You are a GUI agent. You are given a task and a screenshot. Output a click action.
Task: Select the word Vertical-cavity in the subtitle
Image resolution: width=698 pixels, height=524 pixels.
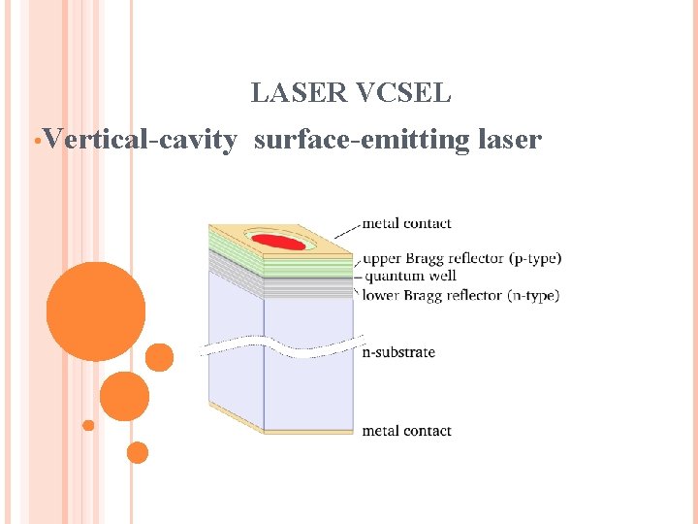point(139,141)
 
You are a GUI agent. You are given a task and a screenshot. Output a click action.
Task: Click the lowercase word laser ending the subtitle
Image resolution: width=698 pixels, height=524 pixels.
point(510,141)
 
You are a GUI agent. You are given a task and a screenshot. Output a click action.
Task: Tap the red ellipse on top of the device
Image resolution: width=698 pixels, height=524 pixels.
point(279,241)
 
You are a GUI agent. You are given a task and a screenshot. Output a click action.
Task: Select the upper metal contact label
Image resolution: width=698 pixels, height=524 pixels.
point(406,224)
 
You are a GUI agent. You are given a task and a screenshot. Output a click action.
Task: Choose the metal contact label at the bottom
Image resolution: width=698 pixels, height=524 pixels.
point(406,431)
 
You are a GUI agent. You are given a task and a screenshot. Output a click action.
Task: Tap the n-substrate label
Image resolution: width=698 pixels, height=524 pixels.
point(398,352)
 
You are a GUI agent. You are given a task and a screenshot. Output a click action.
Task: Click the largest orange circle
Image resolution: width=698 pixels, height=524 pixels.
point(96,311)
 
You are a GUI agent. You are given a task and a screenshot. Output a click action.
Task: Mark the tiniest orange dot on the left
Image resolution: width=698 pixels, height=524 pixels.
point(88,425)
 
